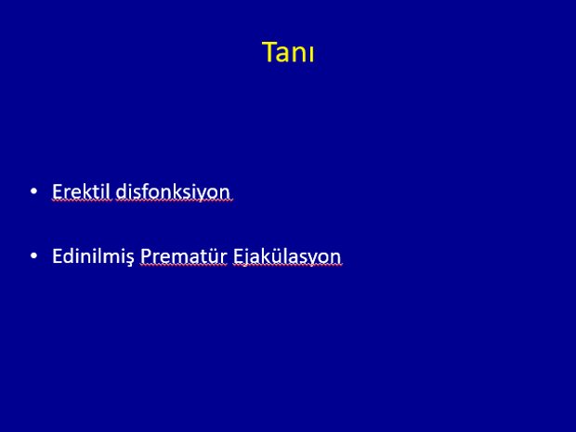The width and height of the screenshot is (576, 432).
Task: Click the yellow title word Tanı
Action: click(x=288, y=52)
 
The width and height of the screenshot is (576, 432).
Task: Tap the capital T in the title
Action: click(x=270, y=52)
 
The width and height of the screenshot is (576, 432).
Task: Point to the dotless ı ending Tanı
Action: click(x=312, y=55)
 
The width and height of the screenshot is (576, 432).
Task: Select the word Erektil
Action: click(x=81, y=191)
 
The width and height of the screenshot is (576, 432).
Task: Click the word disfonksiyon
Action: click(x=173, y=191)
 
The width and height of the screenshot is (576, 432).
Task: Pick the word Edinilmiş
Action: click(x=93, y=256)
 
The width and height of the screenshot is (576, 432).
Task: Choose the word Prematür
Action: click(x=184, y=256)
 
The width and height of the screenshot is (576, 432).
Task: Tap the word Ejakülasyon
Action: click(x=287, y=256)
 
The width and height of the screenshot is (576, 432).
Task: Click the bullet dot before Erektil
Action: click(x=33, y=191)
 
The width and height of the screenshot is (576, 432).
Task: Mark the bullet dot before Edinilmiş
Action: click(x=33, y=255)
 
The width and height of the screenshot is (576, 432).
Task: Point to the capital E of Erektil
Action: click(x=58, y=191)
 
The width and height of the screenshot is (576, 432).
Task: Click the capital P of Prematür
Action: click(x=146, y=256)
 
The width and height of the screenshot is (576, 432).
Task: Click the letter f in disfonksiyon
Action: click(x=142, y=191)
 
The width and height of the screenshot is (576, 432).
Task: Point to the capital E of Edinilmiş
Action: click(x=58, y=256)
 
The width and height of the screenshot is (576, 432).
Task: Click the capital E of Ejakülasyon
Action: click(x=238, y=256)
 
